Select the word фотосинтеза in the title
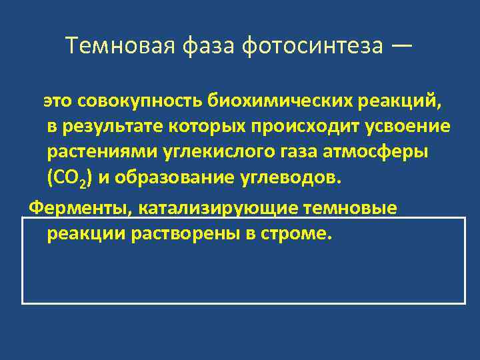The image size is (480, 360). [313, 46]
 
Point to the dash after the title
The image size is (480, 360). [402, 46]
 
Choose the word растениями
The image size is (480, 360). [101, 152]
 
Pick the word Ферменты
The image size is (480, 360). [79, 209]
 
